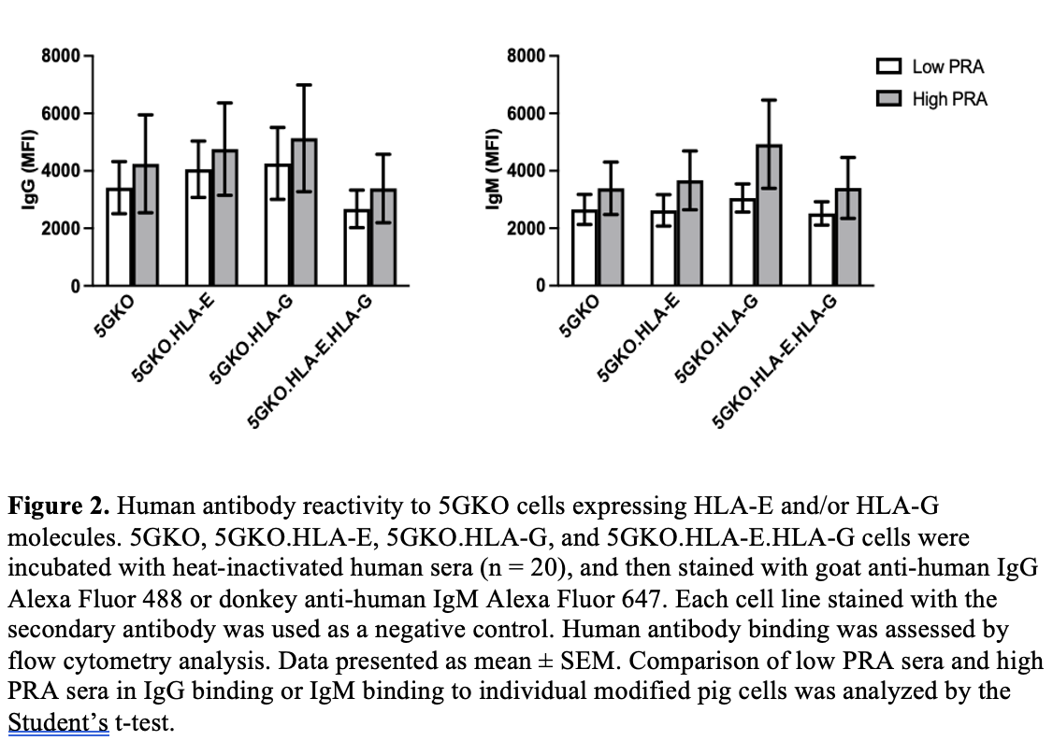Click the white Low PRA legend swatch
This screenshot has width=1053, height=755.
(888, 67)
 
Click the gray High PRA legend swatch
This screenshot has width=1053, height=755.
(888, 99)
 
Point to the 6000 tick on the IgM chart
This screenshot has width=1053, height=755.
(526, 113)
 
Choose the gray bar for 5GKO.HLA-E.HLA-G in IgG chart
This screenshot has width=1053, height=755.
(383, 237)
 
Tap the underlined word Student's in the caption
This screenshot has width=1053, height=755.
(58, 724)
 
